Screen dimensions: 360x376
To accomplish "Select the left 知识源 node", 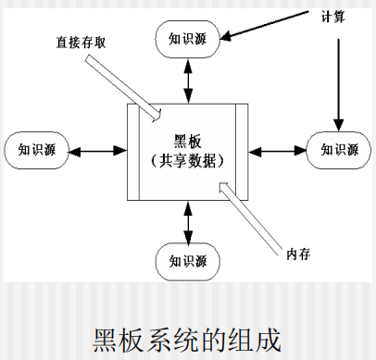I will pyautogui.click(x=38, y=149).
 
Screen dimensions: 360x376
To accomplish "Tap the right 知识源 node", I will pyautogui.click(x=338, y=149).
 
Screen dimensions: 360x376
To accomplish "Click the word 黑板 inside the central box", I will pyautogui.click(x=188, y=141).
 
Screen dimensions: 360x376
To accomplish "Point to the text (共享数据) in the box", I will pyautogui.click(x=188, y=159).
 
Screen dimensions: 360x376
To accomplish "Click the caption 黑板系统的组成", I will pyautogui.click(x=188, y=333).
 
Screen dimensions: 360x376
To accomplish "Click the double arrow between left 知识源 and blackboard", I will pyautogui.click(x=96, y=149).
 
